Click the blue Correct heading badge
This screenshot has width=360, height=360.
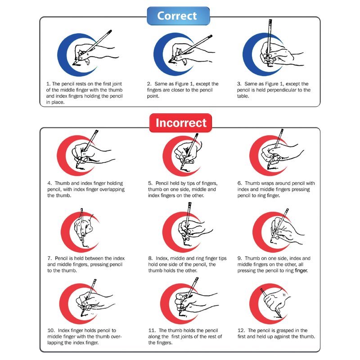pos(178,16)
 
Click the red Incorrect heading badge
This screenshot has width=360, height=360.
pos(180,123)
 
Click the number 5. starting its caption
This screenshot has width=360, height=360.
pos(150,183)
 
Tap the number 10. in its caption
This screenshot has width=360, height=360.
pos(51,330)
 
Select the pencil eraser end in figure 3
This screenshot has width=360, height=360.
pos(270,21)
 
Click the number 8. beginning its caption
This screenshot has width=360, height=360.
pos(150,258)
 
